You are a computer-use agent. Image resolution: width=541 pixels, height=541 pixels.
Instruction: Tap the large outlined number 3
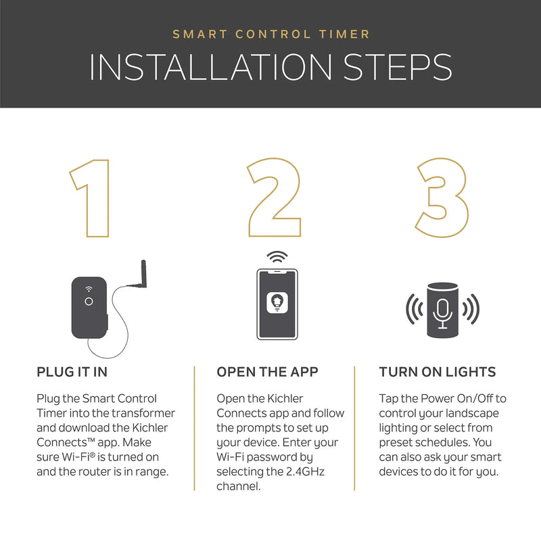coord(443,197)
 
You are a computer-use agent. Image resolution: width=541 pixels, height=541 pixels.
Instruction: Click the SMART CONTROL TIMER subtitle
coord(270,33)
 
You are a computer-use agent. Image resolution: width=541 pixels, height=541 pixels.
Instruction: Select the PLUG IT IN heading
coord(72,372)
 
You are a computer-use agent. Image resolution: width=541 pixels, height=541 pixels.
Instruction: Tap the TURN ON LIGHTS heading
coord(438,372)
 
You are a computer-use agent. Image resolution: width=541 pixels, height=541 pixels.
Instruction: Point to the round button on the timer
coord(89,302)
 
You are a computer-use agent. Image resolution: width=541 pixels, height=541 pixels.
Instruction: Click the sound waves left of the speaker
coord(414,309)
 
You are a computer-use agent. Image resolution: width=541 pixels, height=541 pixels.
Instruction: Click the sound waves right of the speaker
coord(471,309)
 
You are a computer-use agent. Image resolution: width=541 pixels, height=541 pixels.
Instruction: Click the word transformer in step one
coord(147,413)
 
